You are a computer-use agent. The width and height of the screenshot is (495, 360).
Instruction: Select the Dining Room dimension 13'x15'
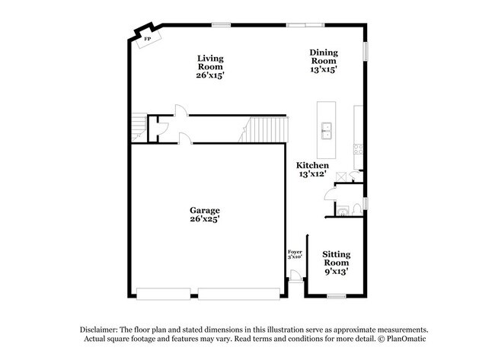324,68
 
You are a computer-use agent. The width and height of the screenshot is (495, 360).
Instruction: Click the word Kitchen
313,165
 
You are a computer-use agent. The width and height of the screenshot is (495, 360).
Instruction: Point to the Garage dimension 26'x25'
205,219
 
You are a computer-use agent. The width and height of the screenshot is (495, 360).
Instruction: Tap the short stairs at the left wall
138,126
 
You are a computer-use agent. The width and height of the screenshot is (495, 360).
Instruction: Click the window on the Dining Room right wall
366,49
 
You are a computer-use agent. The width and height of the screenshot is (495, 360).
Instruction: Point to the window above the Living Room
222,25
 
